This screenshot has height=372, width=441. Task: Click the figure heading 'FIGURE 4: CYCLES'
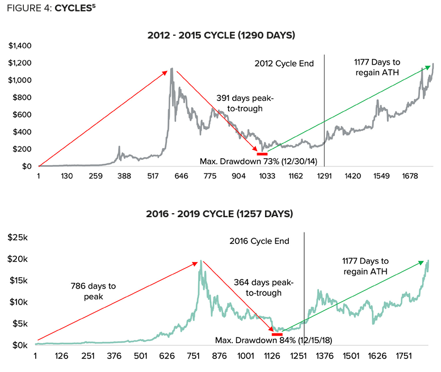[48, 10]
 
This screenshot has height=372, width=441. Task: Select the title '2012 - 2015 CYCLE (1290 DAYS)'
[221, 36]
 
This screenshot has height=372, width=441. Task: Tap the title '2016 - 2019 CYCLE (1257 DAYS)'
[221, 214]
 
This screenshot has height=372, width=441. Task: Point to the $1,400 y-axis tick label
[19, 45]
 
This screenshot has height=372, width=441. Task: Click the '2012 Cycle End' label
[284, 64]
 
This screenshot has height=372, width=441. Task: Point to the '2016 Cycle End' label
[259, 241]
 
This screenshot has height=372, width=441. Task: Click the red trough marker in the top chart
[262, 154]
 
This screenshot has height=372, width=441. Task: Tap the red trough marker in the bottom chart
[277, 334]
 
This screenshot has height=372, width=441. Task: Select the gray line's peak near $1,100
[171, 70]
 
